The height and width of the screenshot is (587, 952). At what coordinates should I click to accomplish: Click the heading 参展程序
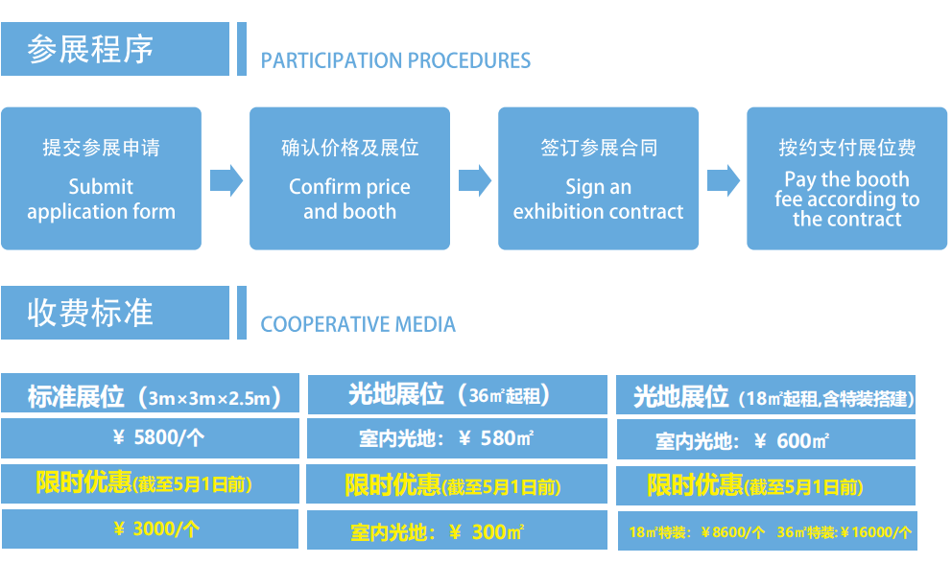[x=91, y=49]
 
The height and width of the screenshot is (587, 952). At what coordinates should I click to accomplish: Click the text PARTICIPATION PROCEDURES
[x=395, y=61]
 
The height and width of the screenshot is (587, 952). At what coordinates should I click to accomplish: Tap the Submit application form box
[x=101, y=178]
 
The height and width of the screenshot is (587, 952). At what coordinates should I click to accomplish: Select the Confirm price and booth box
[x=349, y=178]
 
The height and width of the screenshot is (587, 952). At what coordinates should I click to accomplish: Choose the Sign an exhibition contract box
[x=598, y=178]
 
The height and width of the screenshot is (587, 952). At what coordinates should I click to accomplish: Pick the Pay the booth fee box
[x=846, y=178]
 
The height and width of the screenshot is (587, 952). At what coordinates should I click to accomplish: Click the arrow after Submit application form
[x=226, y=179]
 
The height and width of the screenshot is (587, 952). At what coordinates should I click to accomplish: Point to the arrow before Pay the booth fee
[x=723, y=179]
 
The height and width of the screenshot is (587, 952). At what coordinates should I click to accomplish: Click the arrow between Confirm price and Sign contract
[x=474, y=179]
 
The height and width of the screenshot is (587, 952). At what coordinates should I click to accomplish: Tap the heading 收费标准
[x=91, y=313]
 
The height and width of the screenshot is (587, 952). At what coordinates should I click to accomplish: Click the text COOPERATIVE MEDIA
[x=358, y=324]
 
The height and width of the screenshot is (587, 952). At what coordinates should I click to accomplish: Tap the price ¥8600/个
[x=734, y=532]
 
